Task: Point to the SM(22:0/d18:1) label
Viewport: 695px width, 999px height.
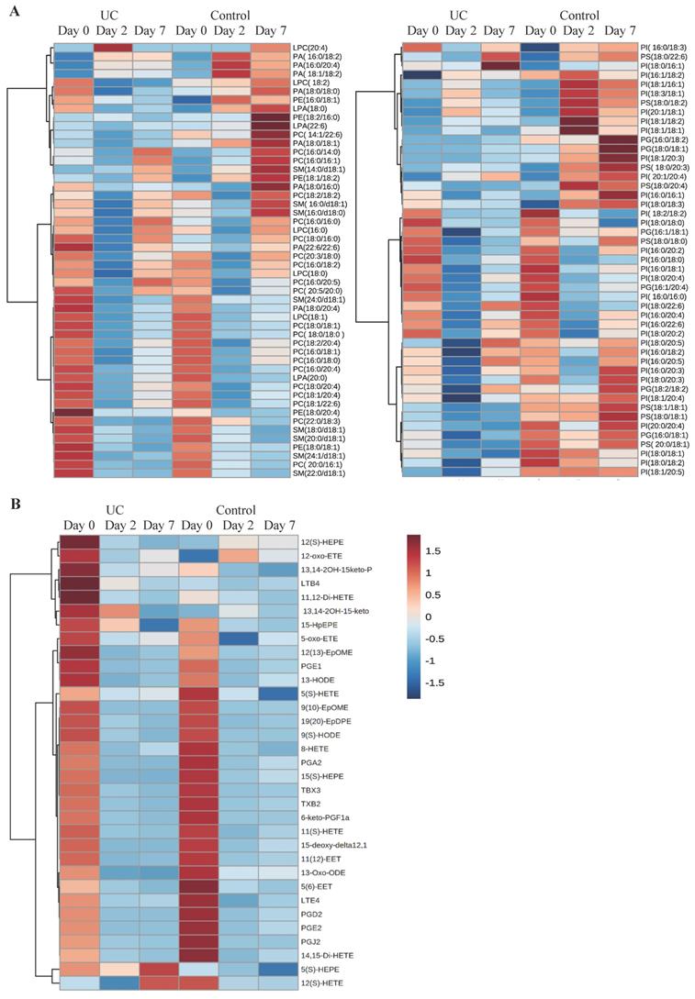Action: (x=319, y=472)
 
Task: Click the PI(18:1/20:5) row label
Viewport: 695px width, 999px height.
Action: (x=667, y=472)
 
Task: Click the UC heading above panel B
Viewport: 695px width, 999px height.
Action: (x=115, y=509)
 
